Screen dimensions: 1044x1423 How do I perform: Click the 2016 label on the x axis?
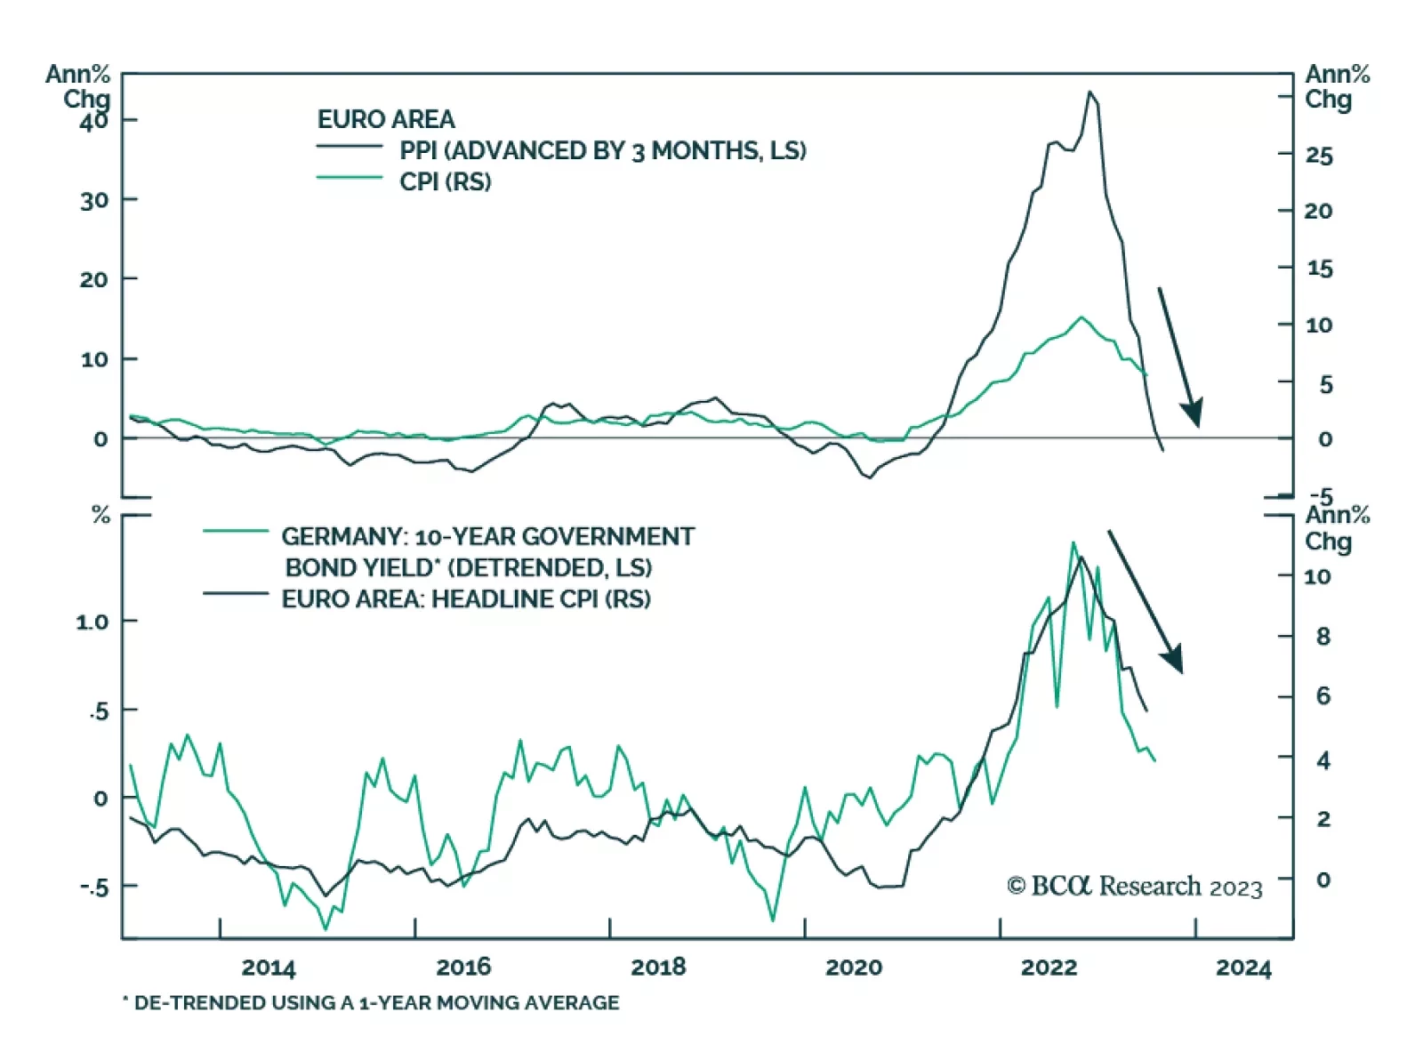(462, 967)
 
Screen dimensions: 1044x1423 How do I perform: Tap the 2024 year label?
(1243, 968)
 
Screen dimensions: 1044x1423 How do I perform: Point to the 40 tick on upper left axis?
(93, 120)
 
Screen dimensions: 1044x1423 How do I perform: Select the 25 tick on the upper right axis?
(1319, 156)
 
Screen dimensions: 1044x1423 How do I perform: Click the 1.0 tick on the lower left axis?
(92, 622)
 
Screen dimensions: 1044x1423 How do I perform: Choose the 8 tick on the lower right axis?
(1323, 637)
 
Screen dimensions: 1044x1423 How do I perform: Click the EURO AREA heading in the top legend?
(386, 119)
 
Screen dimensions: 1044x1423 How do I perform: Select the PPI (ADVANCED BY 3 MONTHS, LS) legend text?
(602, 150)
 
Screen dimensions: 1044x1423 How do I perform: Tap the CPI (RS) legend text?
(445, 181)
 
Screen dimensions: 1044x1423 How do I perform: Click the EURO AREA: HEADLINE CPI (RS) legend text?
(466, 598)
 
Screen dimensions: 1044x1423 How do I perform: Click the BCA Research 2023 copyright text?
(1134, 887)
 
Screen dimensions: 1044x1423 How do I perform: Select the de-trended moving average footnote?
(371, 1003)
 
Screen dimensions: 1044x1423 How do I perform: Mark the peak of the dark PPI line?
(1090, 92)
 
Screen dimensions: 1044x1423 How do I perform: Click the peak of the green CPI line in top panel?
(1081, 317)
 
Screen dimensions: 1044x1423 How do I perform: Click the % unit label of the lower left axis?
(101, 516)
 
